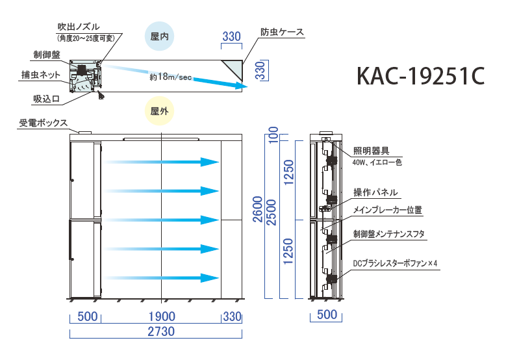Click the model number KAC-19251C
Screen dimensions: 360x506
(x=420, y=76)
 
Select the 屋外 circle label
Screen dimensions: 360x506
(x=160, y=111)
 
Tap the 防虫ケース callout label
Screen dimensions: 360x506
(x=283, y=32)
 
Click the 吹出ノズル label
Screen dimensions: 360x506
(x=79, y=27)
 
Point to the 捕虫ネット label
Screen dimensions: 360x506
(x=41, y=75)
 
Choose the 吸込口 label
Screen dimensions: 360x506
(x=47, y=99)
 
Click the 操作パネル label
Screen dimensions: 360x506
(x=375, y=192)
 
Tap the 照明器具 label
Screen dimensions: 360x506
(x=372, y=151)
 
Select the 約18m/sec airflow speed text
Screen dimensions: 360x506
(x=170, y=77)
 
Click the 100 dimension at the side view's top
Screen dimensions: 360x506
(x=273, y=136)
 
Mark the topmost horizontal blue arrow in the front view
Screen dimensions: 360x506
(x=162, y=162)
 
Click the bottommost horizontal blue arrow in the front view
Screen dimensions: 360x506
(x=162, y=277)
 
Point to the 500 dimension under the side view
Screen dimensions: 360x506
(x=328, y=316)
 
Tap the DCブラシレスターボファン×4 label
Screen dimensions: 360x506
(x=396, y=264)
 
